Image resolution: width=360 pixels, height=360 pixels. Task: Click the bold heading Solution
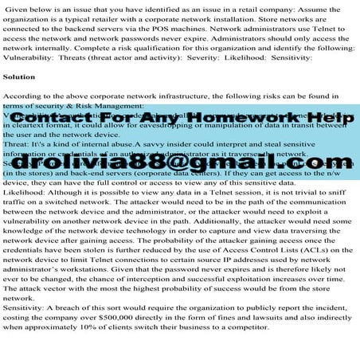(19, 77)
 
